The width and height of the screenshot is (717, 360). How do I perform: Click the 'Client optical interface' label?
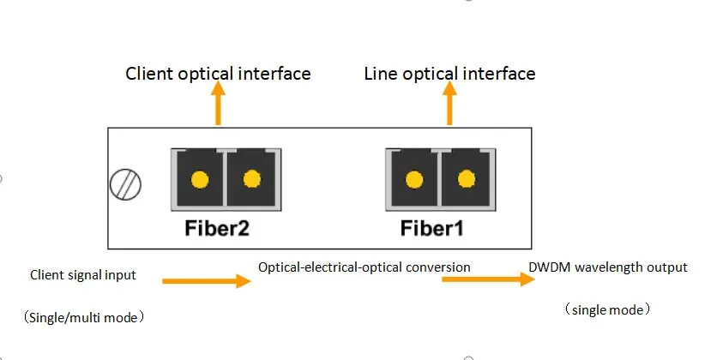218,74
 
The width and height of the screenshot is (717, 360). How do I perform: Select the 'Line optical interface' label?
449,74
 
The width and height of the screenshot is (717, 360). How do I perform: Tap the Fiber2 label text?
217,229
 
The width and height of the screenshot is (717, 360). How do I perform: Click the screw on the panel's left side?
126,183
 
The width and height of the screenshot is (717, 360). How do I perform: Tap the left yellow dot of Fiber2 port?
199,180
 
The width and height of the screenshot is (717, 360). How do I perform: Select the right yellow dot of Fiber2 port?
252,179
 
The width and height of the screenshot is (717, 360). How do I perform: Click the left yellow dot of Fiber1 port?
414,180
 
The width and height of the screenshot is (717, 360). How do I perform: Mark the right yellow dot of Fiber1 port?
467,179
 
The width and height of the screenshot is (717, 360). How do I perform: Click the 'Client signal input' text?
83,275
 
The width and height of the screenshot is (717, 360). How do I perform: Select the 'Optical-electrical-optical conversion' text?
365,267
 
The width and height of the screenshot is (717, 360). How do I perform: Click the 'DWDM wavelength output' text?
608,267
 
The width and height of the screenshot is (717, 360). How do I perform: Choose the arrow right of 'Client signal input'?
206,280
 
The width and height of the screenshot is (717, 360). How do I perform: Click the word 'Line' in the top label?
380,74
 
